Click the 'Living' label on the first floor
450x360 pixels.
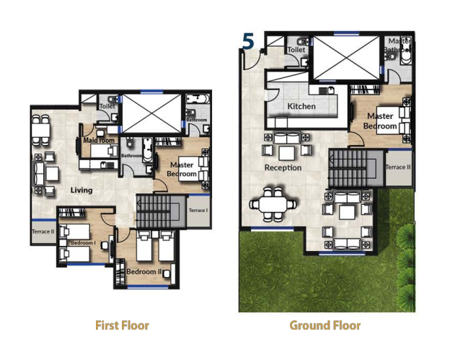81,190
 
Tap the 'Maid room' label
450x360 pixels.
99,141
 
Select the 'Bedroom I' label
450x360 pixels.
83,243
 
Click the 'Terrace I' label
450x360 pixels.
198,210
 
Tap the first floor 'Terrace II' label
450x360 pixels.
43,232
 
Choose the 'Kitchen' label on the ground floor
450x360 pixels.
301,107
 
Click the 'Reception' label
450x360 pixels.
283,167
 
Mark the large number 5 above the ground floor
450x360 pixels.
248,42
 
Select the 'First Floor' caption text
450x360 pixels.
122,325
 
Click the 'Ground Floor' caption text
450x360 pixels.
325,325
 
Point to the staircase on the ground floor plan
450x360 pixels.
350,167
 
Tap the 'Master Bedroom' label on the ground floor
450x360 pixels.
380,120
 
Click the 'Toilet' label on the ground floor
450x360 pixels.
296,50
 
